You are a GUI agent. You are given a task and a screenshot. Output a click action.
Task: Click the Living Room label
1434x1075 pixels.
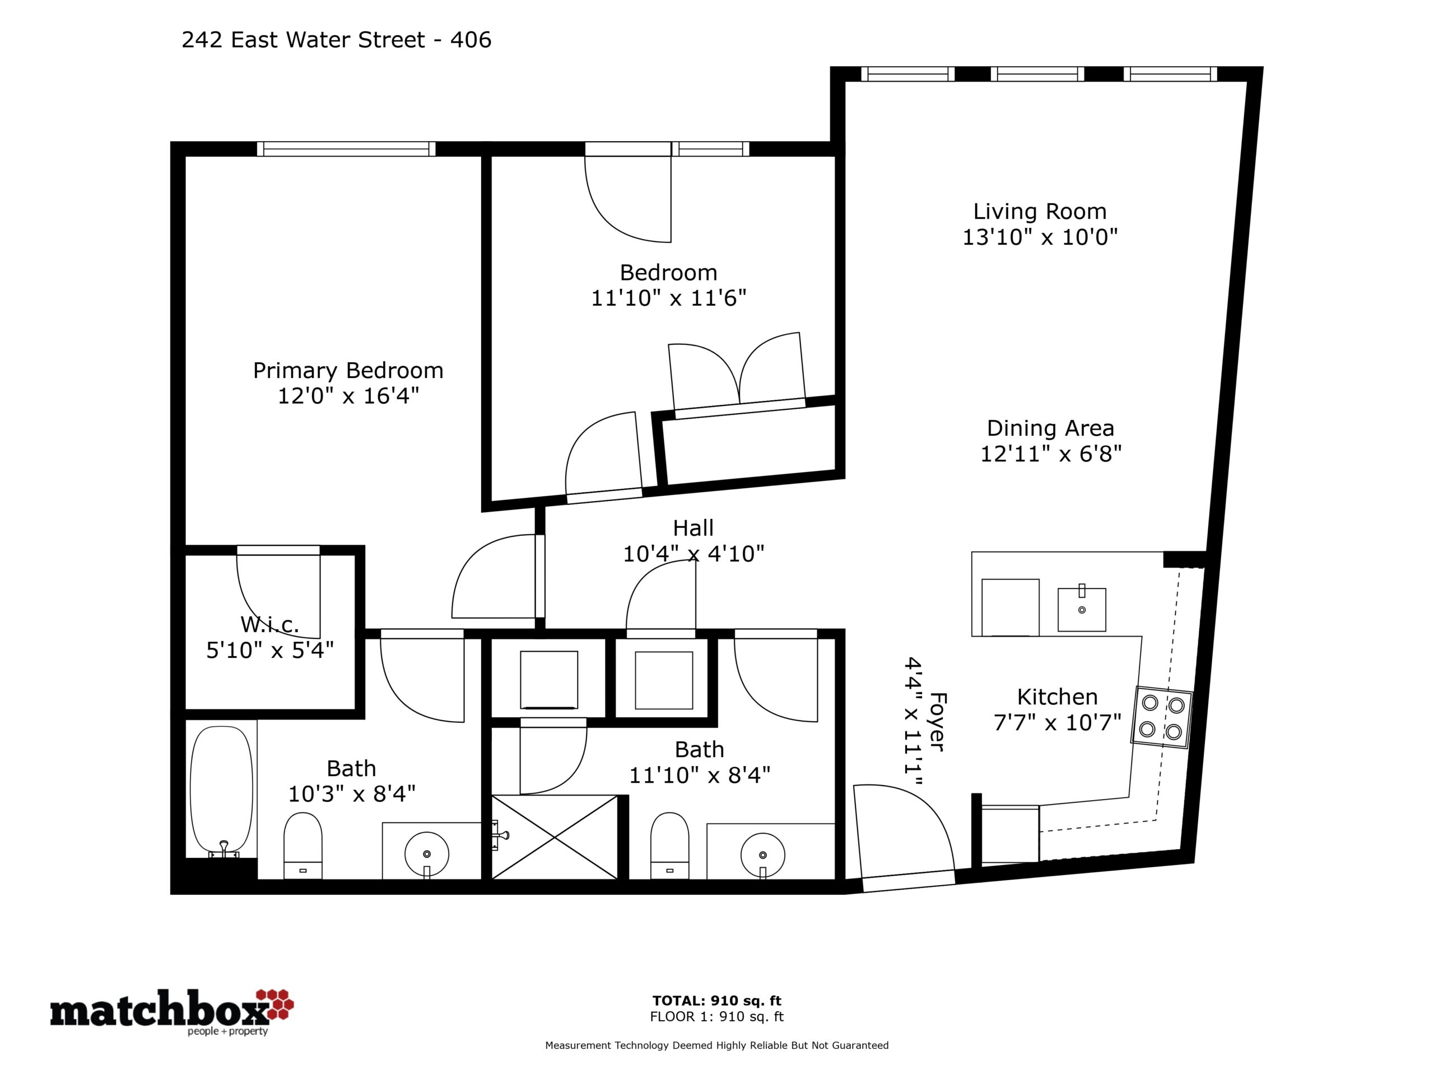click(x=1040, y=211)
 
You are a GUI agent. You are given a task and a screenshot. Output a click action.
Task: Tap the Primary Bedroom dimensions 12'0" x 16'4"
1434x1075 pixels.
click(x=348, y=395)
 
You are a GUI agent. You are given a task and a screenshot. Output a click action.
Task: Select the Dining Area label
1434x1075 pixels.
click(x=1050, y=428)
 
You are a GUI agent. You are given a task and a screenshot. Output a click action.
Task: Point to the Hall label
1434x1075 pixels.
click(x=693, y=528)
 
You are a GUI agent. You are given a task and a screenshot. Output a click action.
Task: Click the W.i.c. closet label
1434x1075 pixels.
click(x=269, y=625)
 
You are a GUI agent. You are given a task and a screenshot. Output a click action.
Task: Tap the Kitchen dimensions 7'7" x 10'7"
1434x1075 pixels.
click(x=1058, y=722)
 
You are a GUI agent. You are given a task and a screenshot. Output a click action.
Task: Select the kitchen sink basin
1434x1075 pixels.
click(x=1081, y=609)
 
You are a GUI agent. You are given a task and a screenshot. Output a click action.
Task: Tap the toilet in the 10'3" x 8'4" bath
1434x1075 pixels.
click(x=302, y=845)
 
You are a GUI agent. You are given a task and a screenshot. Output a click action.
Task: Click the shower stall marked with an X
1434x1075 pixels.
click(x=555, y=837)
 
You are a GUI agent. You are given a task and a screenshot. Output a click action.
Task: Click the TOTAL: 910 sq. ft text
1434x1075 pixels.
click(x=716, y=1001)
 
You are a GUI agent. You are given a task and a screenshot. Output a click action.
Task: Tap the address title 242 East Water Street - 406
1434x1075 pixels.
click(x=337, y=40)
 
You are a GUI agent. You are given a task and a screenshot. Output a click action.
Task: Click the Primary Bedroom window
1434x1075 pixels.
click(x=346, y=149)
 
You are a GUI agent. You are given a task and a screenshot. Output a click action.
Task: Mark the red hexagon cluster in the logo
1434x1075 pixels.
click(x=276, y=1004)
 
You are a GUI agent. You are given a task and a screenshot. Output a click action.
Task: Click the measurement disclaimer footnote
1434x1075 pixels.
click(x=716, y=1045)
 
